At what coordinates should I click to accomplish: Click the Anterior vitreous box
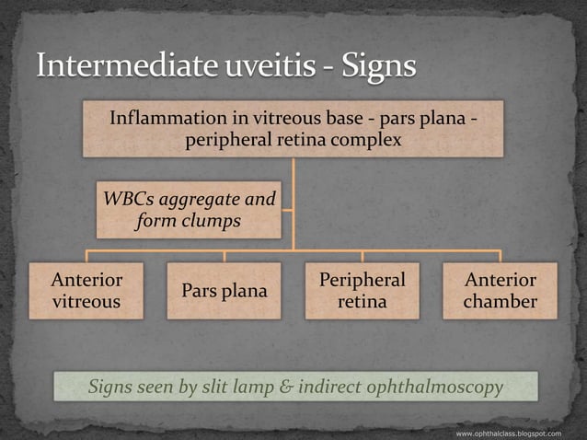(86, 291)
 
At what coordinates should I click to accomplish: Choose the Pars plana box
(224, 291)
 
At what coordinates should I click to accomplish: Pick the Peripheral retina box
(362, 291)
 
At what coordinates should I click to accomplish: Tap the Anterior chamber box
(500, 291)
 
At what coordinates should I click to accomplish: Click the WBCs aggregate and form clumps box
(189, 210)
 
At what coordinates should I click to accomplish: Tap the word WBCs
(128, 199)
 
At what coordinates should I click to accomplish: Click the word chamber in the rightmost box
(500, 302)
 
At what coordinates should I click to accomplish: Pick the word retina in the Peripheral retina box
(362, 302)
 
